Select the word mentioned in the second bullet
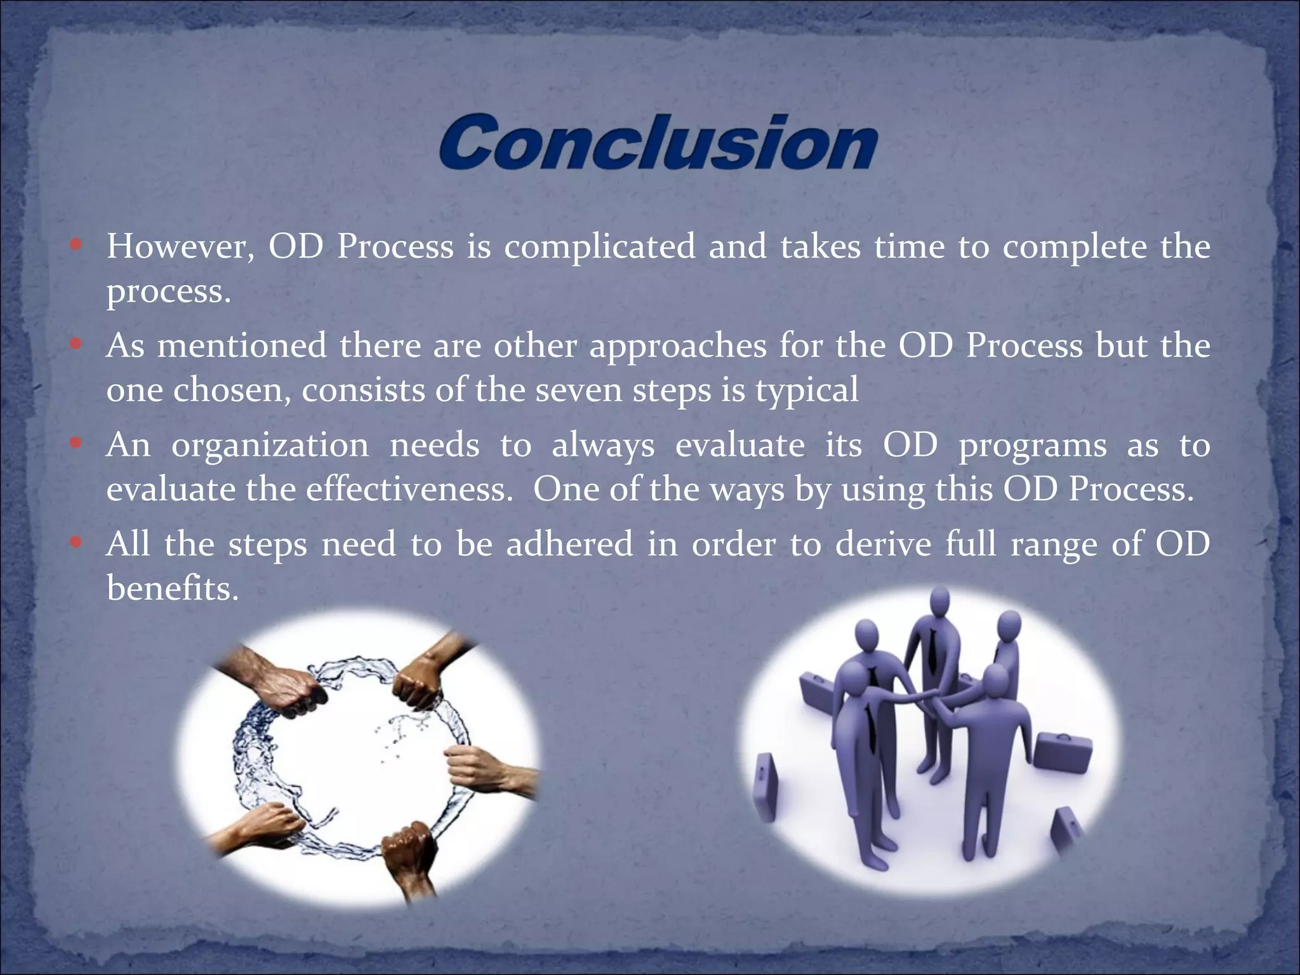click(x=241, y=346)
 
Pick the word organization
click(x=270, y=446)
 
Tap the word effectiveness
click(x=409, y=489)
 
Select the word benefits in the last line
click(x=172, y=588)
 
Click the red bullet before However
click(x=76, y=245)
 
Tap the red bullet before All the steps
click(x=76, y=543)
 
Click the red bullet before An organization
click(x=76, y=444)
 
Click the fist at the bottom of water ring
click(x=409, y=847)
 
